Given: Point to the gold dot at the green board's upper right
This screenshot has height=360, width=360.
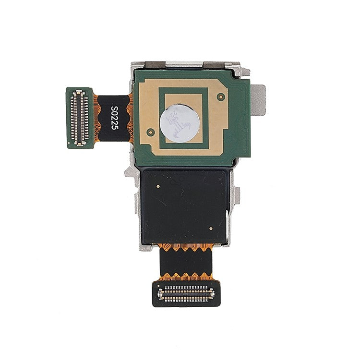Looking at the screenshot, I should (x=220, y=96).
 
